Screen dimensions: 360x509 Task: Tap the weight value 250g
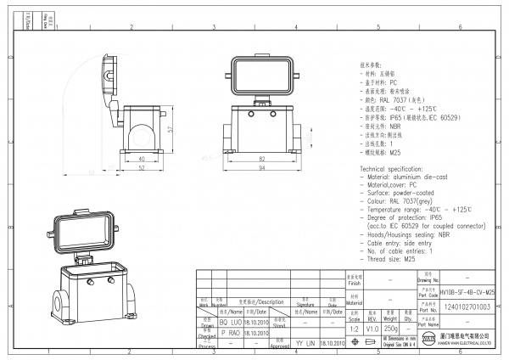click(x=391, y=329)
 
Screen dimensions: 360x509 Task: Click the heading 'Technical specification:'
click(x=391, y=170)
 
